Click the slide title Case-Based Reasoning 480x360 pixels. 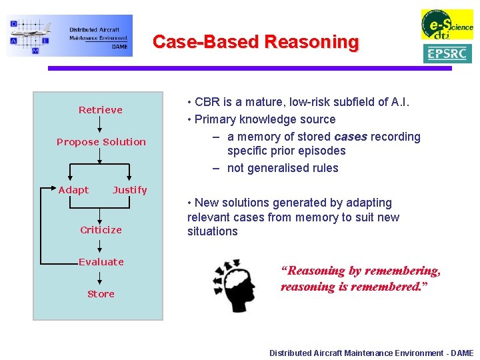pyautogui.click(x=255, y=42)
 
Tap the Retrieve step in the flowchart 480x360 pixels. pyautogui.click(x=101, y=110)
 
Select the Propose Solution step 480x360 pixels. pyautogui.click(x=101, y=142)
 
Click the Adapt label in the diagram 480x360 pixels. pyautogui.click(x=73, y=190)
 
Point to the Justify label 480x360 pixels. pyautogui.click(x=129, y=190)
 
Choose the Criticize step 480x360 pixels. pyautogui.click(x=101, y=230)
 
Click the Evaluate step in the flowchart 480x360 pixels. pyautogui.click(x=101, y=262)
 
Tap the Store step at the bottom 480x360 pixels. pyautogui.click(x=101, y=294)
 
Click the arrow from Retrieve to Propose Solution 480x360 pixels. pyautogui.click(x=100, y=126)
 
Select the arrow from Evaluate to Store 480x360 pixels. pyautogui.click(x=100, y=278)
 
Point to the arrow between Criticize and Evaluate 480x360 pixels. pyautogui.click(x=100, y=246)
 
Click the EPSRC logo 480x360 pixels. pyautogui.click(x=447, y=54)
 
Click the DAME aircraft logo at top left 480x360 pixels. pyautogui.click(x=69, y=35)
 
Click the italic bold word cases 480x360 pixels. pyautogui.click(x=350, y=137)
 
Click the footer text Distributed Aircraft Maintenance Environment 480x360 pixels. pyautogui.click(x=371, y=353)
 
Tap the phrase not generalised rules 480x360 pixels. pyautogui.click(x=283, y=168)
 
